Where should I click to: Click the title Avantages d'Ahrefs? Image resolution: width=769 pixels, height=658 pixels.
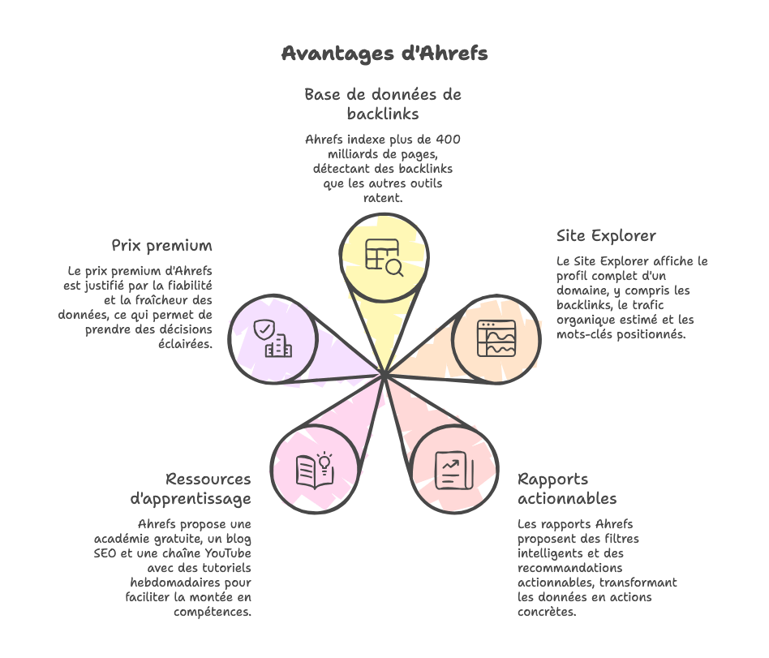pos(384,54)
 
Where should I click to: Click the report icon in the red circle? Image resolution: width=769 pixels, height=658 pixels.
pos(450,470)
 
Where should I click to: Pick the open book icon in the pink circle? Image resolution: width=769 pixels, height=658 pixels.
pos(312,471)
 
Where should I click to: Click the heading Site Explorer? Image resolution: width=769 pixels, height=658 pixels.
pos(606,236)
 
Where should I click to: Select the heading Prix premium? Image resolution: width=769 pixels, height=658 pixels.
pos(161,245)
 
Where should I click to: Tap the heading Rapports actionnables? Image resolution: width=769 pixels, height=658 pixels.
pos(567,488)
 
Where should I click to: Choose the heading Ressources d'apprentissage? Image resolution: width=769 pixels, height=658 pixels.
pos(191,488)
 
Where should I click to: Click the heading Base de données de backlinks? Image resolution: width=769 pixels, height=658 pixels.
pos(383,103)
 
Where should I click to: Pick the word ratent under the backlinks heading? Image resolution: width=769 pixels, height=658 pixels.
pos(384,198)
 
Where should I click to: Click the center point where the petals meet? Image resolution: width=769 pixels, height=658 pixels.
pos(384,374)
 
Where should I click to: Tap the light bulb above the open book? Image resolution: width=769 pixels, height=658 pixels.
pos(324,461)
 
